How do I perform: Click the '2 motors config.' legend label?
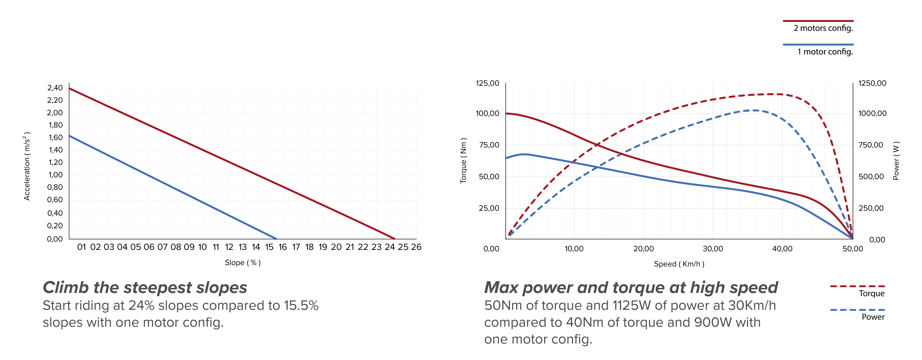pos(823,28)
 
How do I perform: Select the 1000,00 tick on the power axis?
pos(872,113)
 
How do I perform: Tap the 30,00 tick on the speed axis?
pos(713,249)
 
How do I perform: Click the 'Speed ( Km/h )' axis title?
pos(679,264)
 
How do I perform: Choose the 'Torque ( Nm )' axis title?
pos(464,160)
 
